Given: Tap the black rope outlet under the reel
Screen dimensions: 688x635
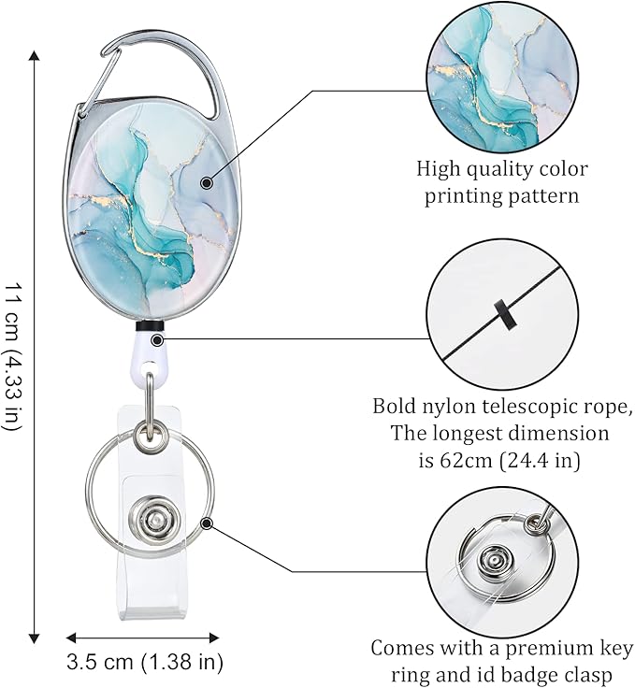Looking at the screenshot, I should click(x=151, y=328).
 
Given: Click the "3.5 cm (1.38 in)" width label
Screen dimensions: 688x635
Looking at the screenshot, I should click(x=145, y=664).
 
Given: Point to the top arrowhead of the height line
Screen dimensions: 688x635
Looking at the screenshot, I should click(x=36, y=55).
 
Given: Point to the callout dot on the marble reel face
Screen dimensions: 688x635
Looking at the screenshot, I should click(x=206, y=183).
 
